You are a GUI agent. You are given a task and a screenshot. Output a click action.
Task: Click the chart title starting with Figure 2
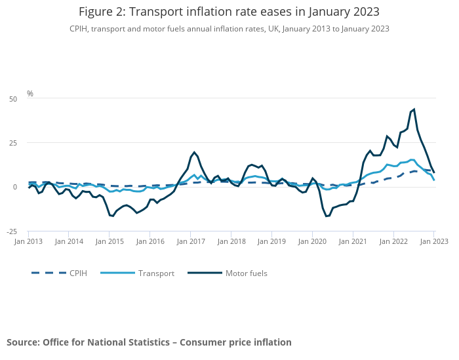click(229, 12)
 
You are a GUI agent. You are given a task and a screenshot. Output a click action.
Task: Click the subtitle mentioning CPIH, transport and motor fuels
click(229, 29)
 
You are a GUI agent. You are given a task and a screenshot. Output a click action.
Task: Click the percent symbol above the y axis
click(30, 94)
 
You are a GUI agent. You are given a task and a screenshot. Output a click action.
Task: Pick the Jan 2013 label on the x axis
click(29, 241)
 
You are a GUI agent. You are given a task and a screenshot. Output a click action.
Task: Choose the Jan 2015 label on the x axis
click(110, 241)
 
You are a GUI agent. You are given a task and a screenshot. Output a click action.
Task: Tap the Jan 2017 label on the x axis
click(191, 241)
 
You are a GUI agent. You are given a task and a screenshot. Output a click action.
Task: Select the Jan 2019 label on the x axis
click(272, 241)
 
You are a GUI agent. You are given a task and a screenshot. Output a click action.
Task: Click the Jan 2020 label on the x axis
click(313, 241)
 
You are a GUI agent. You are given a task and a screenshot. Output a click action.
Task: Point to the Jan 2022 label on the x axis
click(394, 241)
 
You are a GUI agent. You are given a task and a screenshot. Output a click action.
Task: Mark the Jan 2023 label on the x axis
click(434, 241)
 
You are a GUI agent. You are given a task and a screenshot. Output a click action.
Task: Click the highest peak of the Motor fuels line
click(414, 110)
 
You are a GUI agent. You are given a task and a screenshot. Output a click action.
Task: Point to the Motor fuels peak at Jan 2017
click(194, 152)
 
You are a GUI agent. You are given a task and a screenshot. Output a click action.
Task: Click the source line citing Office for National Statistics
click(149, 342)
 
